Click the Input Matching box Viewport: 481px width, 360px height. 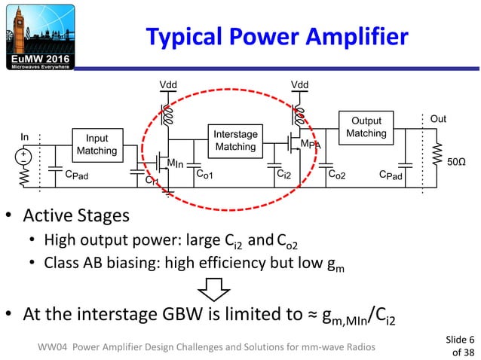point(97,145)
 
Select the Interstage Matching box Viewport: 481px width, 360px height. point(235,140)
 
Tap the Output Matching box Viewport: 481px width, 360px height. point(366,127)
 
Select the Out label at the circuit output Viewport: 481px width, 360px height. point(437,119)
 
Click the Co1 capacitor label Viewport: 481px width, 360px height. point(204,174)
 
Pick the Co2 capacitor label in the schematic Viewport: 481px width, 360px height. point(337,174)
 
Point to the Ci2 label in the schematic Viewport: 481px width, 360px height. point(285,174)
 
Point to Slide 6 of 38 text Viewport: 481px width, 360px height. point(461,345)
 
